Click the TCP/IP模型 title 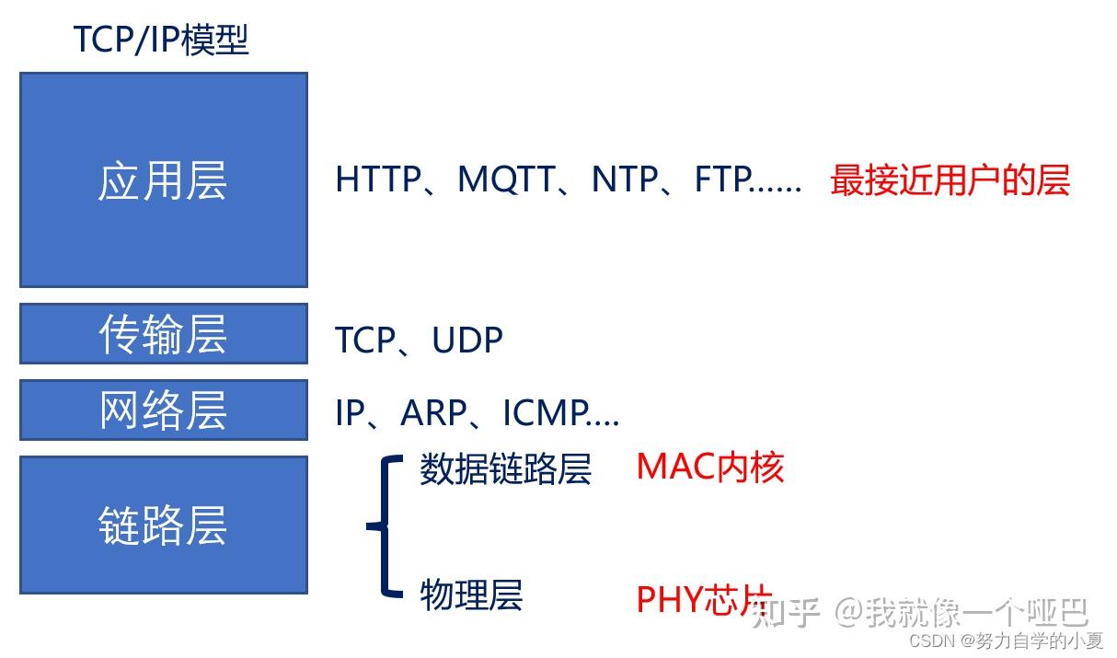(x=160, y=40)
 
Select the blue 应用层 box (x=163, y=180)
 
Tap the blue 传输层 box (x=163, y=334)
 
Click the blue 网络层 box (x=163, y=410)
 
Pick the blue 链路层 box (x=163, y=525)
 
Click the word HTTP (x=377, y=179)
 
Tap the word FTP (x=722, y=179)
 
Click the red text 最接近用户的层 (x=950, y=179)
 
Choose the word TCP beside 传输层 (x=365, y=341)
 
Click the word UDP (x=467, y=341)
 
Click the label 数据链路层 (x=505, y=469)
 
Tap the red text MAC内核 (x=709, y=468)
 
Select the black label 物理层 (x=471, y=595)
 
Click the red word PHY (x=669, y=600)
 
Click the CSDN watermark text (x=1005, y=640)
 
